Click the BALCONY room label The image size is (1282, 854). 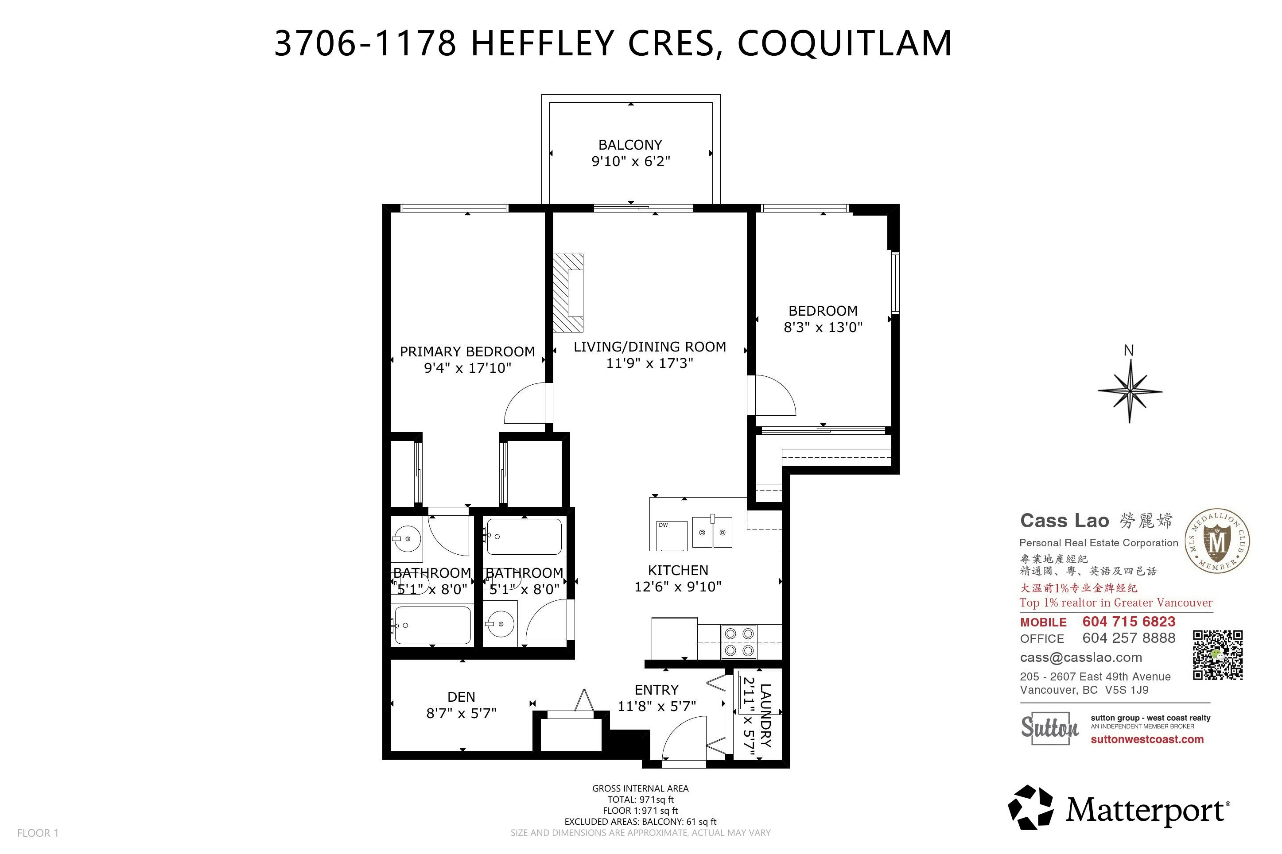coord(630,145)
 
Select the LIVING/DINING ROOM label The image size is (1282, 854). coord(649,347)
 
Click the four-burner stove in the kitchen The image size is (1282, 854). coord(739,641)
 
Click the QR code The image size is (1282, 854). coord(1218,655)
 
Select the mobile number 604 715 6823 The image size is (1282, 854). coord(1129,622)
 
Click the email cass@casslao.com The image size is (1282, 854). coord(1081,657)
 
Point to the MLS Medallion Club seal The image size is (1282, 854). coord(1218,541)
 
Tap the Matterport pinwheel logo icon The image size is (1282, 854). coord(1030,808)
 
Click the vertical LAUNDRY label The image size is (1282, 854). coord(765,715)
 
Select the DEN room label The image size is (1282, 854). coord(461,697)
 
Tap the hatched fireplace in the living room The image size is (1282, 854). coord(568,293)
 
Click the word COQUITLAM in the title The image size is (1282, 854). coord(844,43)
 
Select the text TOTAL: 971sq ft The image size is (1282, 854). coord(641,800)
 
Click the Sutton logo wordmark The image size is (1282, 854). coord(1049,728)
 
